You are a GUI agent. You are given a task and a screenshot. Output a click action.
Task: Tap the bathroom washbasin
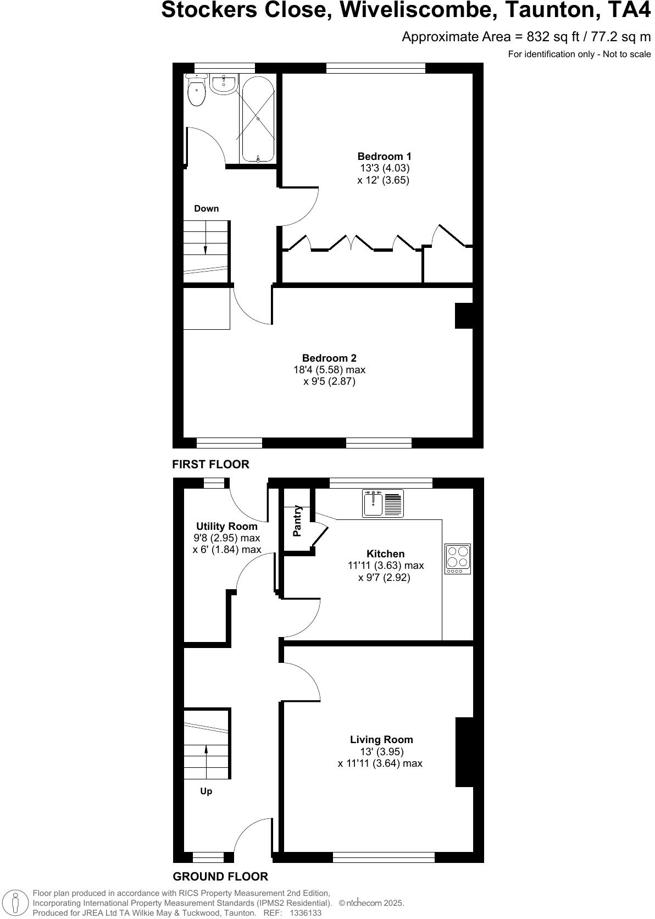223,85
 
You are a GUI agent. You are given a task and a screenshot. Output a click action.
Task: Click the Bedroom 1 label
384,157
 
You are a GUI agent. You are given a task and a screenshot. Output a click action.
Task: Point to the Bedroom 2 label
329,358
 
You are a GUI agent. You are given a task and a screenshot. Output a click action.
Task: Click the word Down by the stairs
206,208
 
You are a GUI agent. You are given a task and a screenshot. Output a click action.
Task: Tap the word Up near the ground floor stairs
206,791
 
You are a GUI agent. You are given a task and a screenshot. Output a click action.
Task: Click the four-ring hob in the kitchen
458,558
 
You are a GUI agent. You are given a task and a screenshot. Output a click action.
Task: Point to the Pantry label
297,521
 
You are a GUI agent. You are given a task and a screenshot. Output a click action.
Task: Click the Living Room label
381,740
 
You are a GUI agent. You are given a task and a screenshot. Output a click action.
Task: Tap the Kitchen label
385,553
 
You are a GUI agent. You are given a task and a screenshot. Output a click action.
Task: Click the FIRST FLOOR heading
210,464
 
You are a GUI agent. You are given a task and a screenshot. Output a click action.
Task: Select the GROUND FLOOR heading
220,877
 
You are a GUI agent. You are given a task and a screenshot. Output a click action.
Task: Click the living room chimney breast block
464,752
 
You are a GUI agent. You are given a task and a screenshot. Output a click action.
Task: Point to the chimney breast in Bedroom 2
464,316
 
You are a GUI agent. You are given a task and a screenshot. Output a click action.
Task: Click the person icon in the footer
16,903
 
